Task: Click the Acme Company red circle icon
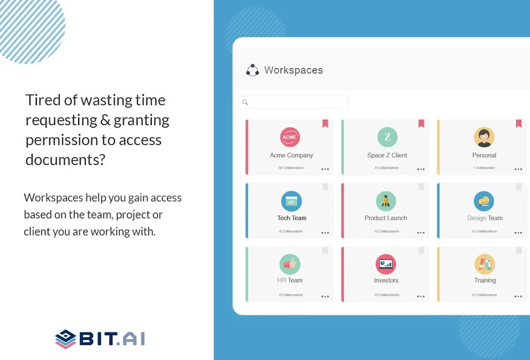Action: (x=290, y=137)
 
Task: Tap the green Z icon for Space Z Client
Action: (x=387, y=137)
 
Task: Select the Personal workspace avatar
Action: (x=484, y=137)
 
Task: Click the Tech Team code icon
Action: (x=291, y=201)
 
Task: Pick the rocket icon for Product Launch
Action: (x=386, y=201)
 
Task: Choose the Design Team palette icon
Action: (x=484, y=201)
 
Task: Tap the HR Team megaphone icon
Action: (x=290, y=264)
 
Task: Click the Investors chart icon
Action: (x=386, y=264)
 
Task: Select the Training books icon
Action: (x=484, y=264)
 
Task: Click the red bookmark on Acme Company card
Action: (x=325, y=124)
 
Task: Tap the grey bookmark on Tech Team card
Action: (x=325, y=187)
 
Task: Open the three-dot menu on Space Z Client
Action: (x=421, y=169)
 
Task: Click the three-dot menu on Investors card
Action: (x=421, y=296)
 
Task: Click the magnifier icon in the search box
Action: (x=245, y=102)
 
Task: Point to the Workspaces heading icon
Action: (x=253, y=70)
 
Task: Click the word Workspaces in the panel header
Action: (x=293, y=70)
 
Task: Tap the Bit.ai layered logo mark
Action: (x=65, y=339)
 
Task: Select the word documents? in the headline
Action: (x=65, y=160)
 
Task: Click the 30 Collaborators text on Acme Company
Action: (x=291, y=168)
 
